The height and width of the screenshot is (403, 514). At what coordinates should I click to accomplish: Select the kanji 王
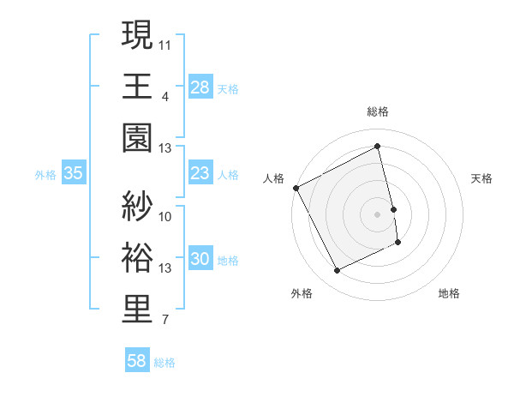point(138,86)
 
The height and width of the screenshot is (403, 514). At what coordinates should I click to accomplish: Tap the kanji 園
point(138,137)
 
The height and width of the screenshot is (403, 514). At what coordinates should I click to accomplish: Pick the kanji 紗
point(138,206)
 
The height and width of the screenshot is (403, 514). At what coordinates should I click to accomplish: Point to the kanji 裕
point(138,257)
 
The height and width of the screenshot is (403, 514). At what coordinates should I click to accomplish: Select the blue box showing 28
point(200,87)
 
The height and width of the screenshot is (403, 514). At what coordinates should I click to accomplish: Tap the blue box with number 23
point(200,174)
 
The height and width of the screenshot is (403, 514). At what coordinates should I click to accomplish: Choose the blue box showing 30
point(200,260)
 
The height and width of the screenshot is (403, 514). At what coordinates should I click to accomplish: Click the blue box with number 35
point(73,174)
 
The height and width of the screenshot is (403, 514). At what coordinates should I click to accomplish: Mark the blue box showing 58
point(136,362)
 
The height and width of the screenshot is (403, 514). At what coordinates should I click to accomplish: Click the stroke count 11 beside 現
point(165,42)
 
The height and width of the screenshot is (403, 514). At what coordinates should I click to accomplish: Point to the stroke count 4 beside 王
point(164,95)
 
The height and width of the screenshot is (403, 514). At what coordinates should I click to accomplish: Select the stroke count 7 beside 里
point(164,321)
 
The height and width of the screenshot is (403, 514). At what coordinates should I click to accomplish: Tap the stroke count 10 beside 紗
point(165,216)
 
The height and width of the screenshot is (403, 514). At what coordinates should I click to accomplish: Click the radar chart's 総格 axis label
point(378,111)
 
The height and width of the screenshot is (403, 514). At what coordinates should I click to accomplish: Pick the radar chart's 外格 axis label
point(302,293)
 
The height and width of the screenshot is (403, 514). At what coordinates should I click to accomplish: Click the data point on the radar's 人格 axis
point(296,188)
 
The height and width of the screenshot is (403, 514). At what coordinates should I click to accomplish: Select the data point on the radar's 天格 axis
point(394,208)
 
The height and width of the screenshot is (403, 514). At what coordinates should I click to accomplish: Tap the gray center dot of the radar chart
point(378,214)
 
